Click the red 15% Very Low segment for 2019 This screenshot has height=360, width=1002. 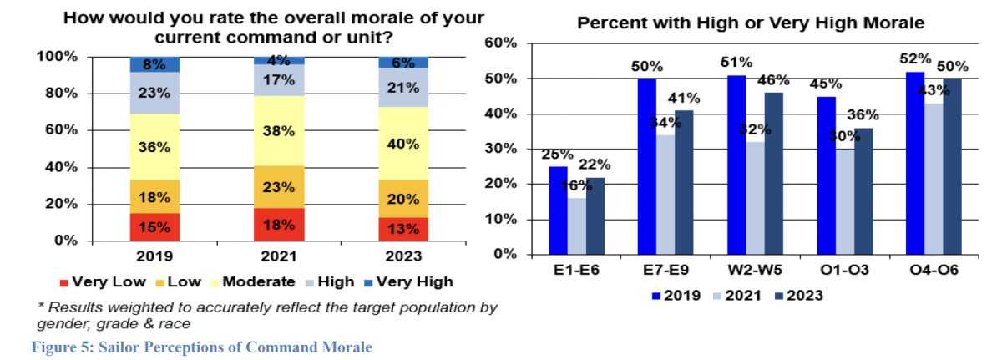pyautogui.click(x=154, y=226)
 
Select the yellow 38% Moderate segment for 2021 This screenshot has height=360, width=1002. pyautogui.click(x=278, y=130)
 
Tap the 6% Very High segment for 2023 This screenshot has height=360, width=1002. pyautogui.click(x=402, y=63)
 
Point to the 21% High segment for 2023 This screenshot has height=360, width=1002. pyautogui.click(x=402, y=87)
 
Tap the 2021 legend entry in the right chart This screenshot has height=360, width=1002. pyautogui.click(x=736, y=295)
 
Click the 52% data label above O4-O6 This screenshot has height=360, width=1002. pyautogui.click(x=915, y=59)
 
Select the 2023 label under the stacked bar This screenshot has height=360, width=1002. pyautogui.click(x=402, y=256)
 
